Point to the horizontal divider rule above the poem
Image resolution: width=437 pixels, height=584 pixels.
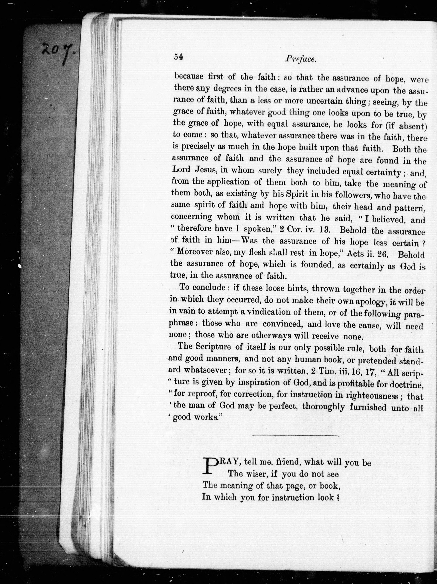pyautogui.click(x=295, y=435)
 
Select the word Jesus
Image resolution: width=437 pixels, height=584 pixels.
pyautogui.click(x=206, y=170)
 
